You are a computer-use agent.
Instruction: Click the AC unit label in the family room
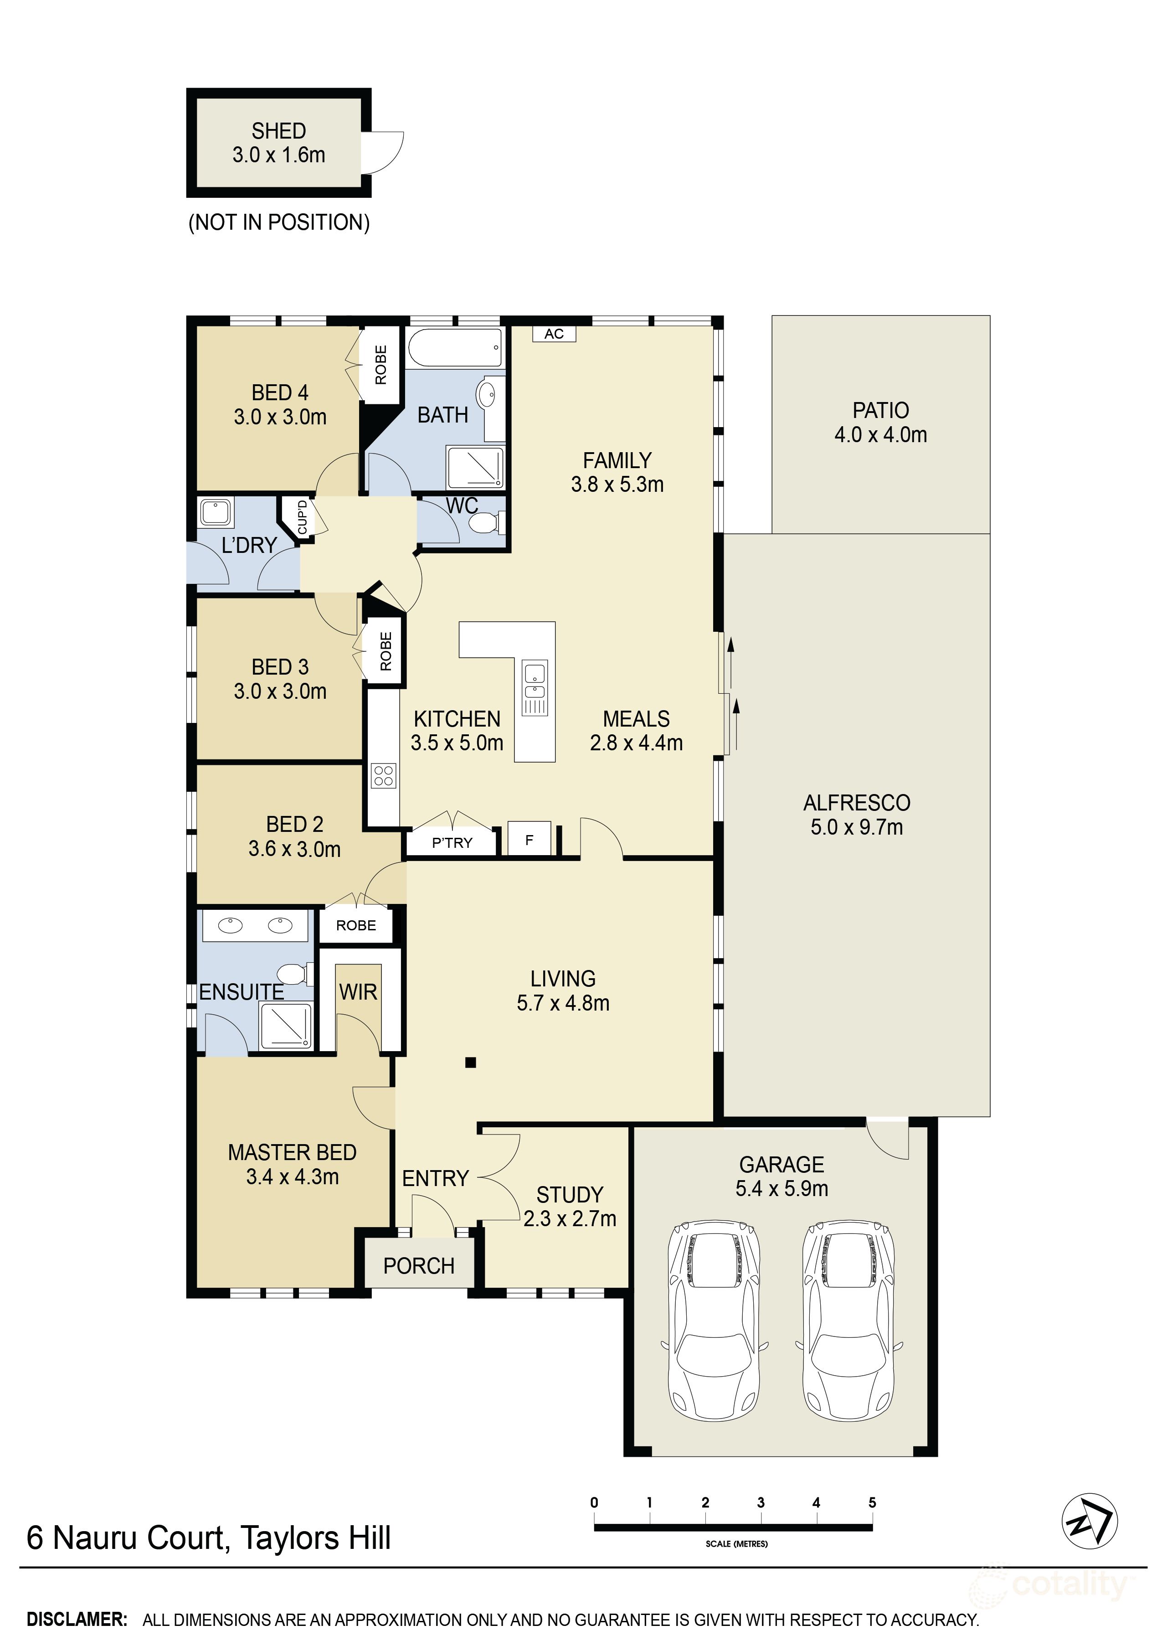(554, 334)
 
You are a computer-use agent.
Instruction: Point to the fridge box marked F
(529, 839)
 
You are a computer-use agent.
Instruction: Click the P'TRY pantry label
(452, 843)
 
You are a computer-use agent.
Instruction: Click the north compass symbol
(1090, 1521)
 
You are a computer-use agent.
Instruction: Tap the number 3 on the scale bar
(761, 1502)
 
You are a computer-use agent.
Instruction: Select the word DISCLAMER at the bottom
(77, 1620)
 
